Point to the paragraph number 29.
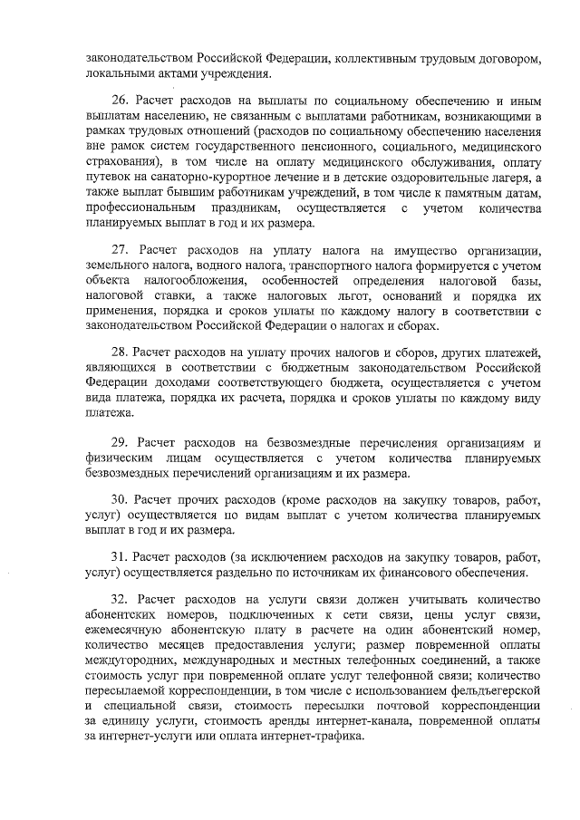tap(120, 442)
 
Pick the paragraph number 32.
tap(120, 599)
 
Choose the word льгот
tap(389, 296)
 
